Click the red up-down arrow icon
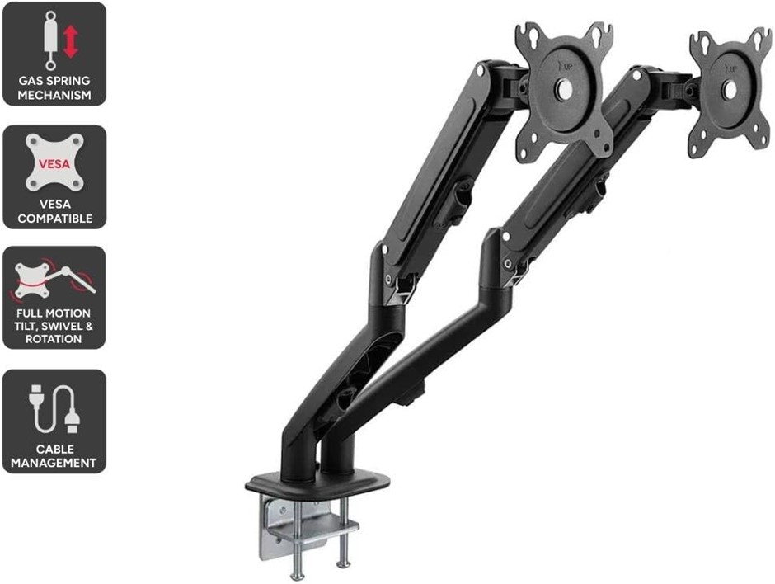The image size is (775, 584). [x=71, y=41]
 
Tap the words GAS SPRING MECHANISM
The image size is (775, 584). [x=54, y=88]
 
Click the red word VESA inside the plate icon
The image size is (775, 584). [x=54, y=164]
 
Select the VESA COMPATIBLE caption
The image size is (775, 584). [x=54, y=213]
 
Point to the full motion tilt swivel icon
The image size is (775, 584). [x=54, y=279]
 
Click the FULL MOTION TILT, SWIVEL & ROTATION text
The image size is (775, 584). [x=54, y=327]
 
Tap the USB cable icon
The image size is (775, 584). [x=54, y=408]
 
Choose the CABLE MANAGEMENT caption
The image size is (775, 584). [x=54, y=456]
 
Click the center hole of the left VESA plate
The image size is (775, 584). [x=563, y=87]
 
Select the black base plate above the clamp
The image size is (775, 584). [x=317, y=482]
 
